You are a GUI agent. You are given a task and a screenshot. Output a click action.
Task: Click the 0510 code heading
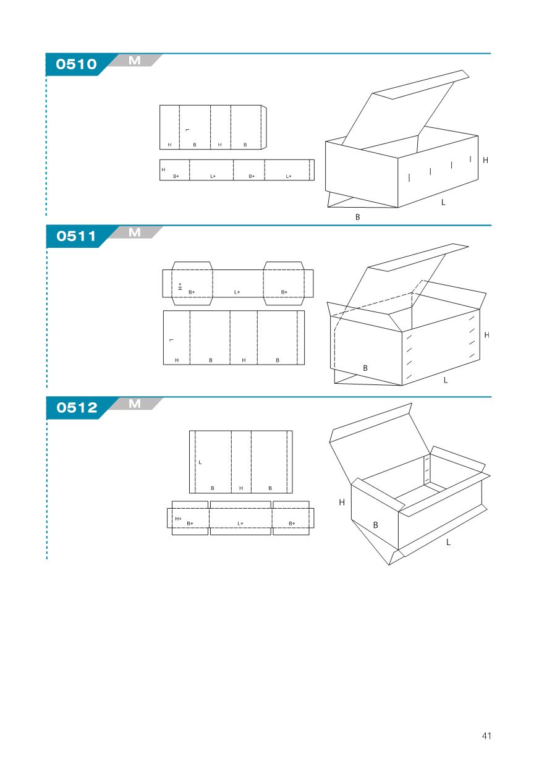[77, 64]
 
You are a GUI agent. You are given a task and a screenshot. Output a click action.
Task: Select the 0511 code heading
[77, 236]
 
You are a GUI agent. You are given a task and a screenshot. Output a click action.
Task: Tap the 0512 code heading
[77, 407]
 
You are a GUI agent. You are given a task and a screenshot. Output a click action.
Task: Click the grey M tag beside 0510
[135, 61]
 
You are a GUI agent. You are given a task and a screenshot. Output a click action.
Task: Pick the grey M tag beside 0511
[135, 232]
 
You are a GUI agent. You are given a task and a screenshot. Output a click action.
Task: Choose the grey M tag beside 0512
[135, 404]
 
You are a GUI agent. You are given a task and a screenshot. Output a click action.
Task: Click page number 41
[486, 735]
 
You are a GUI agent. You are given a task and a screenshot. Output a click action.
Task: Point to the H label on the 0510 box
[485, 160]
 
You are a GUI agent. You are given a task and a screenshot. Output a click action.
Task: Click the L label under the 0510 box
[443, 202]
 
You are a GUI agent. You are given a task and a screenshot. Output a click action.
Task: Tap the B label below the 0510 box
[357, 217]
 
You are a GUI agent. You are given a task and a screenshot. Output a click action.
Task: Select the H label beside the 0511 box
[486, 335]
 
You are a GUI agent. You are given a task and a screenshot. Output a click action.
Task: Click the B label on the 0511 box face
[365, 368]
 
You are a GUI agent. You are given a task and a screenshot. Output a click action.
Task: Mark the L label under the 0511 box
[446, 380]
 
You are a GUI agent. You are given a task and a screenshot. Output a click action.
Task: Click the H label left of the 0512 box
[342, 502]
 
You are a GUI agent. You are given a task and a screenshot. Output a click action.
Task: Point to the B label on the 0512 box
[375, 525]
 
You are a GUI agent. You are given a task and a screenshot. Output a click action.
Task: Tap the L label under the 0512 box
[448, 542]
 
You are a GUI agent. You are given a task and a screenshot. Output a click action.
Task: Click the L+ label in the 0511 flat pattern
[237, 292]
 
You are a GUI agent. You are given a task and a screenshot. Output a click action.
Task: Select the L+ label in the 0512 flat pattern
[240, 523]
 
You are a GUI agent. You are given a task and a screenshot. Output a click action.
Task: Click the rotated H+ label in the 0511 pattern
[180, 287]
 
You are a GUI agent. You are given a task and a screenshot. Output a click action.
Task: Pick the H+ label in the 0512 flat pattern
[178, 519]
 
